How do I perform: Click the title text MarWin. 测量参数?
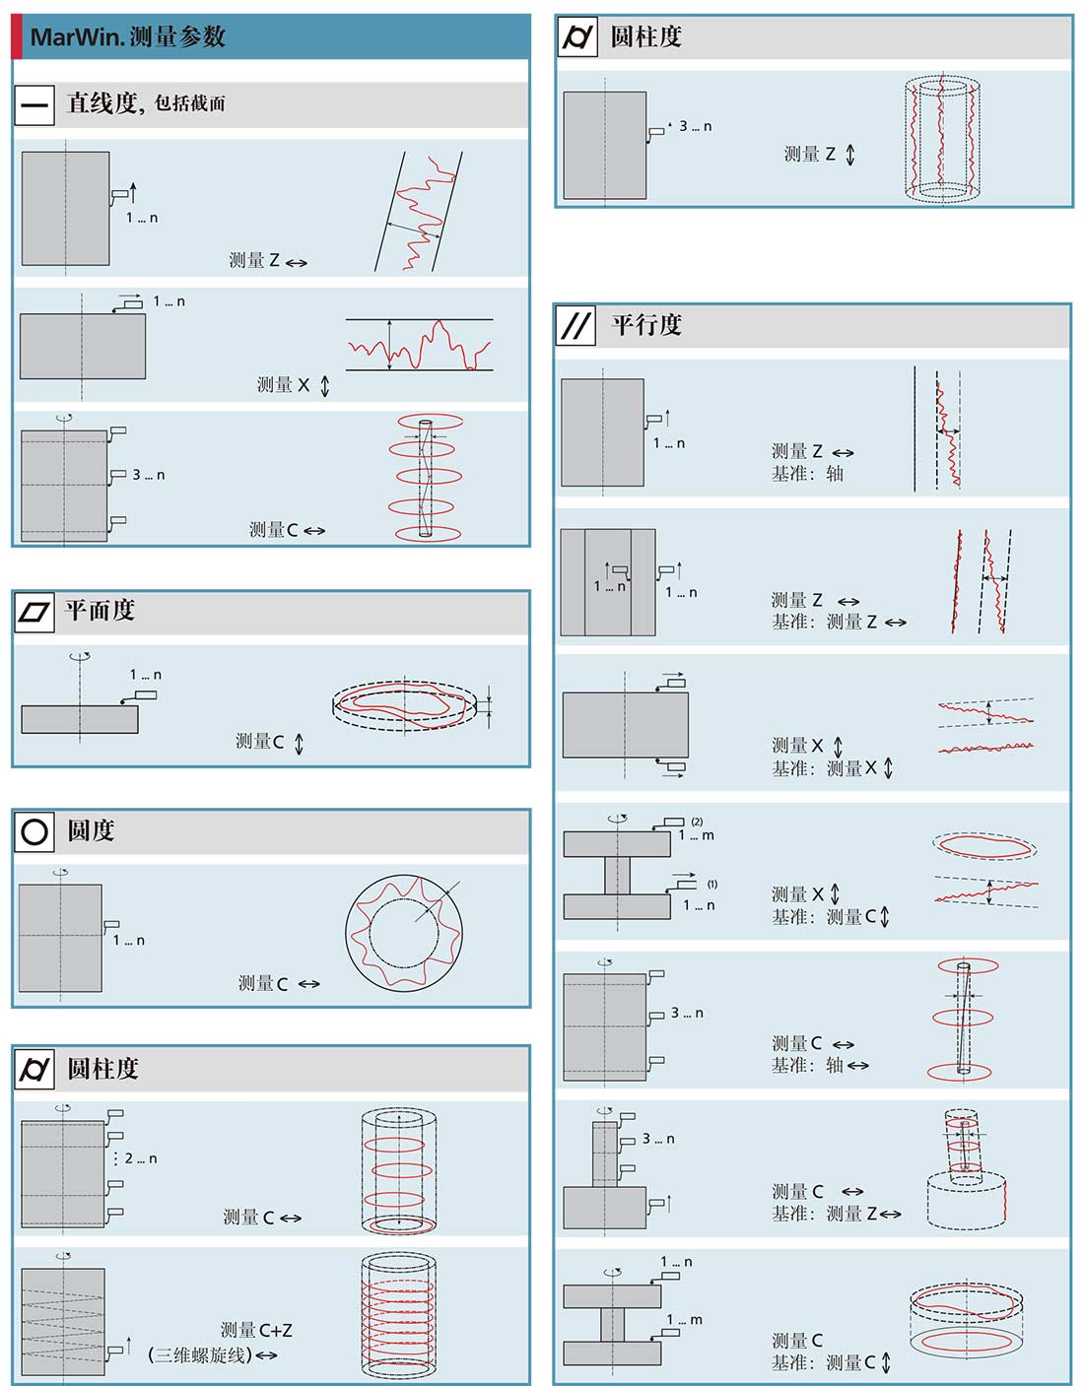pos(128,37)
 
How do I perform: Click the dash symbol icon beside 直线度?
pos(34,104)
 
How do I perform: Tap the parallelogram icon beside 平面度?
pos(34,613)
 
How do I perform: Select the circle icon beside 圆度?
pos(34,832)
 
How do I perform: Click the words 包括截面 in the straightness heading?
pos(190,103)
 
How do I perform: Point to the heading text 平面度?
pos(100,611)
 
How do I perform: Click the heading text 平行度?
pos(646,325)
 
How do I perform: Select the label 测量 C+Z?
pos(256,1330)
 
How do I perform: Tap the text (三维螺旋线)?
pos(200,1355)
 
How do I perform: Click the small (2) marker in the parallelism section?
pos(697,822)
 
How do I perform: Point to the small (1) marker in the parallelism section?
pos(711,884)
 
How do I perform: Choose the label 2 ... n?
pos(141,1158)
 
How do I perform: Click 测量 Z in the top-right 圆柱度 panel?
pos(809,155)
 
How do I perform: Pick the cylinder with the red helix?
pos(398,1316)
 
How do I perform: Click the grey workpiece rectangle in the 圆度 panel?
pos(60,937)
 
